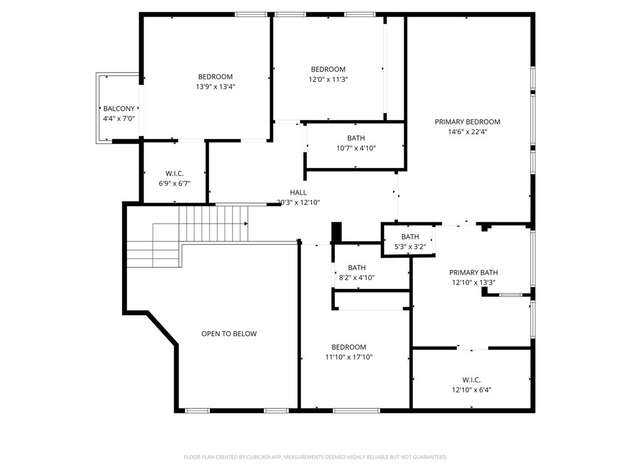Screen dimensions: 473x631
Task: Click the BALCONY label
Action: (x=119, y=108)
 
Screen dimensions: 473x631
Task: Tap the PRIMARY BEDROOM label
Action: (x=467, y=122)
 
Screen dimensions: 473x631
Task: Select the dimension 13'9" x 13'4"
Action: (x=216, y=87)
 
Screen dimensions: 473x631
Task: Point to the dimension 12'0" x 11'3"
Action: (x=328, y=79)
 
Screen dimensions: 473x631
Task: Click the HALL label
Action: (x=298, y=193)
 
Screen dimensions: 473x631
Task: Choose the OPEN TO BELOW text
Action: (x=229, y=334)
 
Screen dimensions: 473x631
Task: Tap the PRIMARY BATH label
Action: (x=473, y=273)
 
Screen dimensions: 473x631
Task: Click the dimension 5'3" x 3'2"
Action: (x=410, y=246)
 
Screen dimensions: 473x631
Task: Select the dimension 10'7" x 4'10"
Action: (x=356, y=148)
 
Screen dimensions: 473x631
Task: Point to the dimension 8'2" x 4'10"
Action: (x=357, y=278)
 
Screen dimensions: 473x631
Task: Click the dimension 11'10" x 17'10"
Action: (x=349, y=357)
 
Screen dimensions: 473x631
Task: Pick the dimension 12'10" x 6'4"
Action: (x=471, y=390)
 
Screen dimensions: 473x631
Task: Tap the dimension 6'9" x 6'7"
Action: (x=174, y=183)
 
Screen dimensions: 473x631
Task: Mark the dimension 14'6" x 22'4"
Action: (x=467, y=131)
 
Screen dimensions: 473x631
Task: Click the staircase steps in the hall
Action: (x=213, y=224)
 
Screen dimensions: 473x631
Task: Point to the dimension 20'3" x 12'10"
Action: (x=298, y=202)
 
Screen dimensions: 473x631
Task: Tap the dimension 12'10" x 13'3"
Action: (x=473, y=283)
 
